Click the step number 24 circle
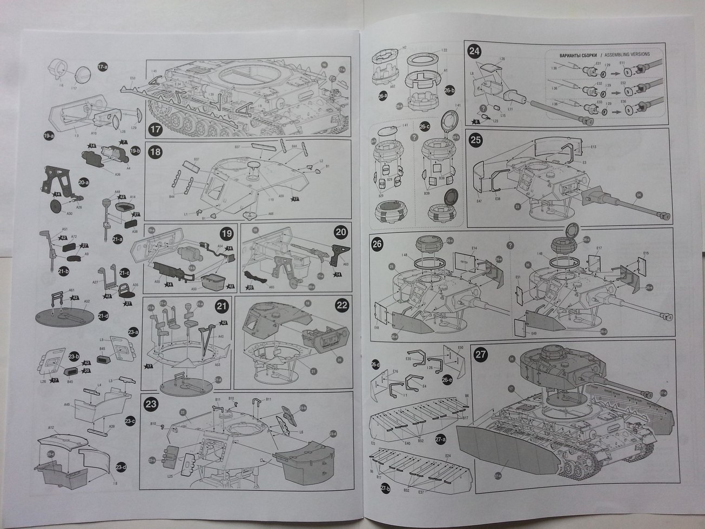click(x=474, y=52)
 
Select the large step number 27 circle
click(x=480, y=354)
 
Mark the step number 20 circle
click(x=341, y=233)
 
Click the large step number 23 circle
click(x=151, y=403)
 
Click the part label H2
click(x=404, y=48)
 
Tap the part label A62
click(x=393, y=86)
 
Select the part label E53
click(x=132, y=78)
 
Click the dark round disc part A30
click(x=55, y=206)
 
